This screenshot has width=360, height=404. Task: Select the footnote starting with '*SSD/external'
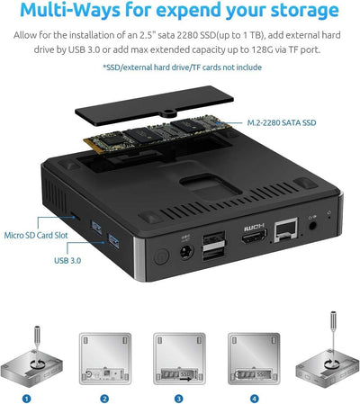click(179, 67)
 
